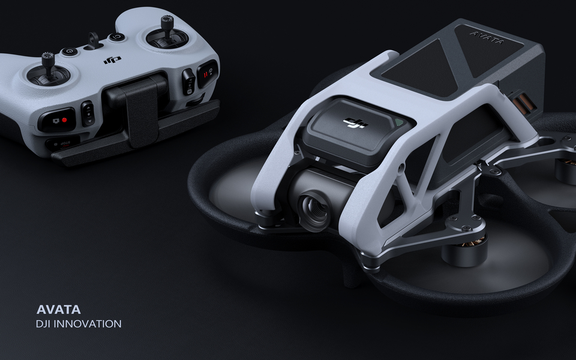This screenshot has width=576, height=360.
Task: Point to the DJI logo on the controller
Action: click(112, 59)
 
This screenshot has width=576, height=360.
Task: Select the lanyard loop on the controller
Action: click(94, 40)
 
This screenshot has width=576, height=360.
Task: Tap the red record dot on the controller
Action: click(64, 120)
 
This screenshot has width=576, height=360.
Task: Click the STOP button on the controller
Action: click(62, 143)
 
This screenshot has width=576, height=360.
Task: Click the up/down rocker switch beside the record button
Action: click(88, 113)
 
